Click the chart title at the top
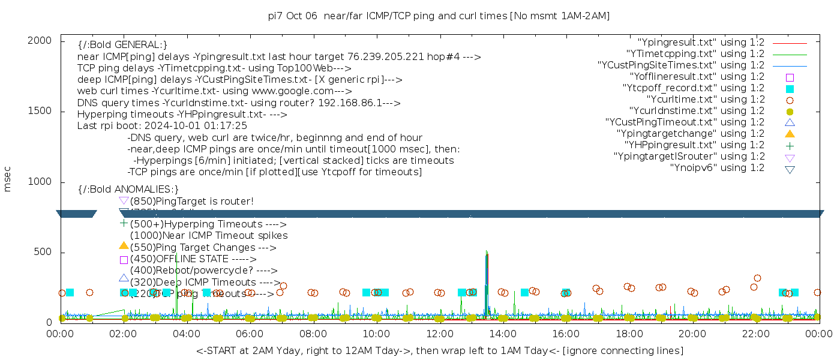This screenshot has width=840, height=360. click(439, 16)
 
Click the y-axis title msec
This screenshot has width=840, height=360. click(8, 181)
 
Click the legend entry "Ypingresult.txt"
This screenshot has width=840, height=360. click(701, 43)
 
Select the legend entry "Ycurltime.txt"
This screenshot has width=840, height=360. click(705, 100)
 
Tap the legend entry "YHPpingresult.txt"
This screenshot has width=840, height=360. click(694, 145)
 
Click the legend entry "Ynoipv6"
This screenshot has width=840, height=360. click(717, 168)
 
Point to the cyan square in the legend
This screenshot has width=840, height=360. click(790, 89)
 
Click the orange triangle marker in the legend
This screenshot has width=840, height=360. click(790, 134)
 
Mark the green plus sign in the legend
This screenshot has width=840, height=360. click(790, 145)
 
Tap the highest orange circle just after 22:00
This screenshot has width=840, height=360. click(757, 278)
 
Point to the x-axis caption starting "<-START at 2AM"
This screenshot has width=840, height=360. click(439, 350)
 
